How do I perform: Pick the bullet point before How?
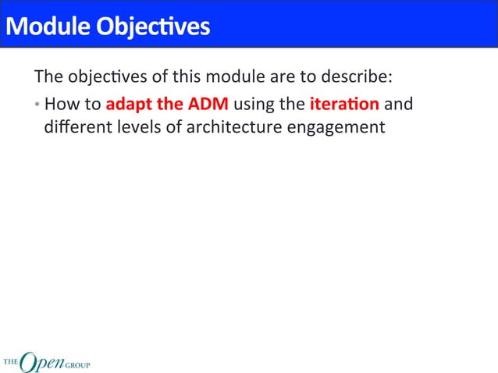click(x=37, y=104)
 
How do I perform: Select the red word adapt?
click(x=127, y=103)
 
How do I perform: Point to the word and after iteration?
click(x=399, y=103)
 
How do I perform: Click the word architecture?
click(x=226, y=126)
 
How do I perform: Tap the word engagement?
click(x=336, y=126)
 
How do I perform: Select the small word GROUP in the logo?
click(x=76, y=364)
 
